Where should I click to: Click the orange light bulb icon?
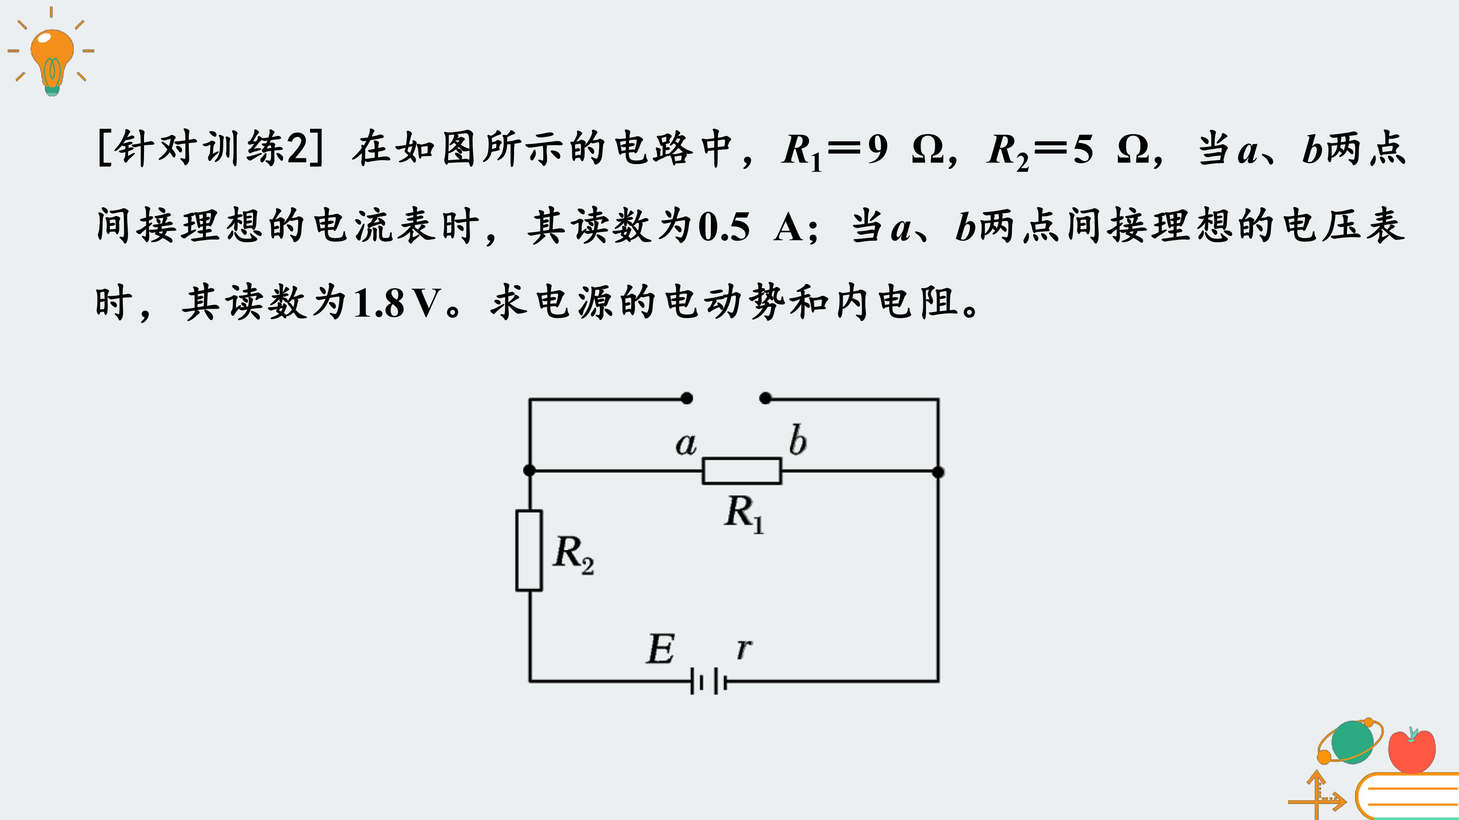(x=52, y=60)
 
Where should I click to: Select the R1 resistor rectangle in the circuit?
(x=742, y=471)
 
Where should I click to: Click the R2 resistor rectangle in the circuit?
(x=529, y=550)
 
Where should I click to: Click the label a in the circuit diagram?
(x=686, y=444)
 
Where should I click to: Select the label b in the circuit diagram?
(x=798, y=440)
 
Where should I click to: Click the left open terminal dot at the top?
(x=687, y=398)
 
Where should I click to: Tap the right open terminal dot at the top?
(x=765, y=398)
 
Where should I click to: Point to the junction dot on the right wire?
(x=938, y=471)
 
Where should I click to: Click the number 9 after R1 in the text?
(x=877, y=150)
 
